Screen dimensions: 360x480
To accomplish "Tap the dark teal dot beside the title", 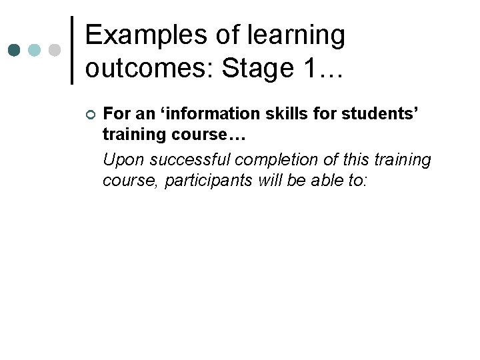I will (x=14, y=51).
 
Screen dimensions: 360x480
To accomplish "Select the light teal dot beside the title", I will (x=34, y=51).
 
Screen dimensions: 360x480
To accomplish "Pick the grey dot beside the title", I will (x=54, y=51).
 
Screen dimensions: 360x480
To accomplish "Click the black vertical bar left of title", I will (x=72, y=51).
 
